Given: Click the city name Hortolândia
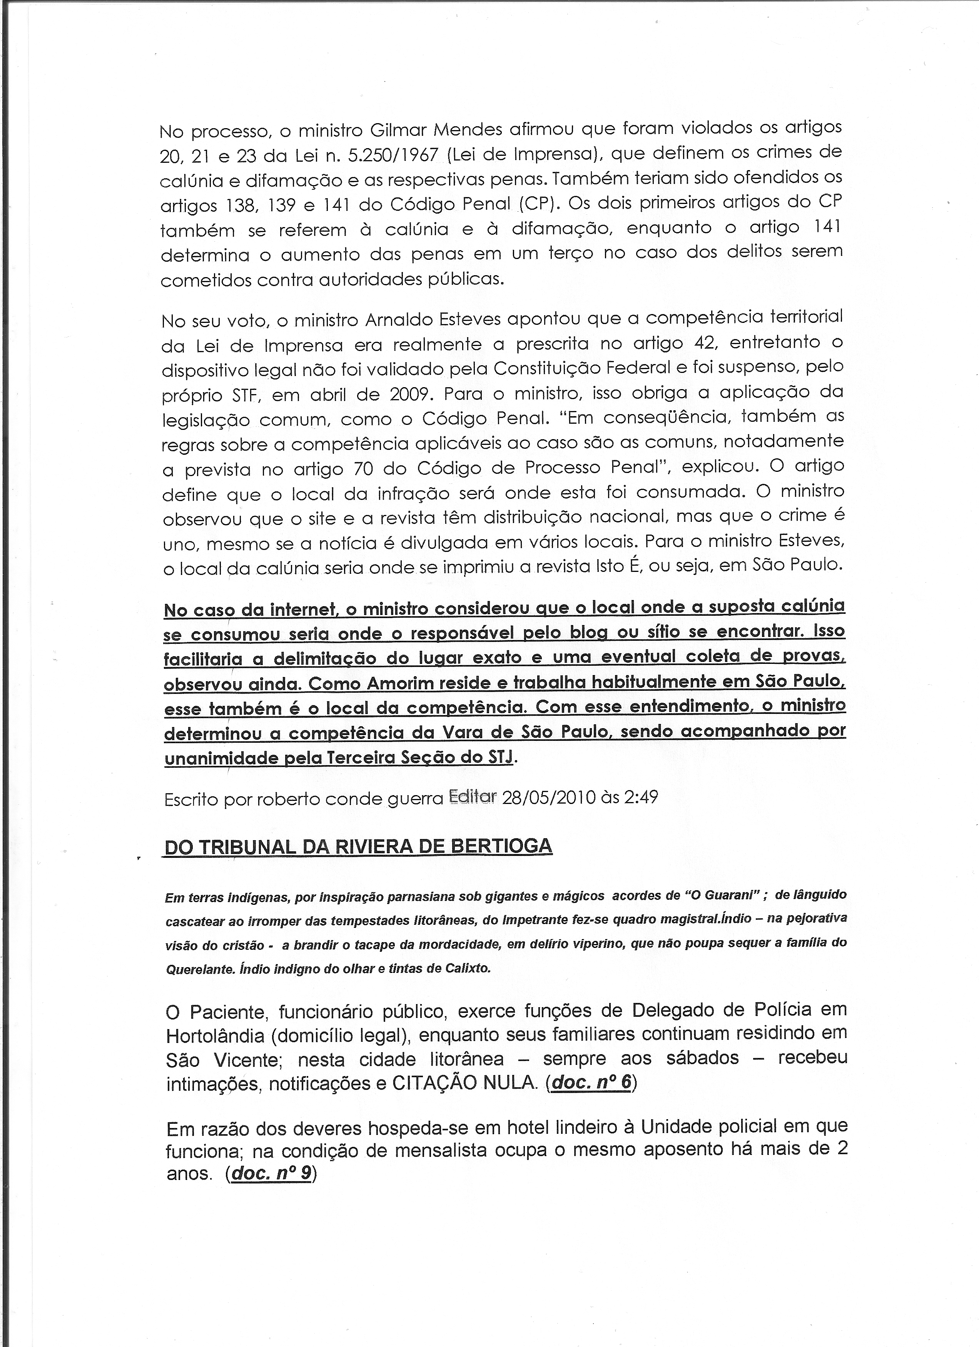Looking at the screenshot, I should tap(215, 1036).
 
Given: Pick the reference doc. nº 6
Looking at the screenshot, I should tap(590, 1082).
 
